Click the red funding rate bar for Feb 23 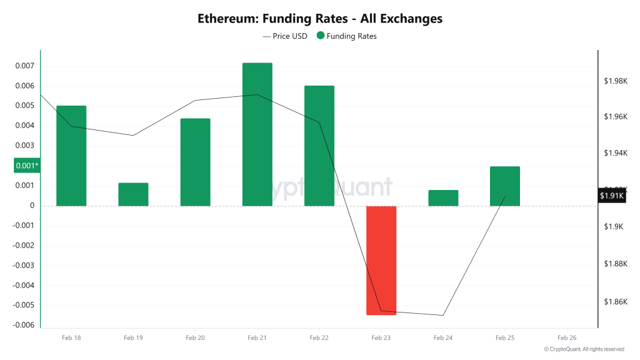pos(381,260)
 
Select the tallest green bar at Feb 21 pos(257,134)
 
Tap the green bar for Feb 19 pos(133,194)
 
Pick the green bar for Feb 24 pos(443,198)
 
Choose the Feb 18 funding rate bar pos(71,156)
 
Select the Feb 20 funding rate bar pos(195,162)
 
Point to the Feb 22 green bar pos(319,146)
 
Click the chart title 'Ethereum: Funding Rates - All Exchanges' pos(320,19)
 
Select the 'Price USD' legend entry pos(285,36)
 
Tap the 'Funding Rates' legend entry pos(347,36)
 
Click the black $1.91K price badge pos(612,196)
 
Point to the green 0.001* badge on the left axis pos(27,166)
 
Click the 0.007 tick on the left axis pos(25,66)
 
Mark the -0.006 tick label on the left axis pos(24,325)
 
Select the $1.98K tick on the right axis pos(615,81)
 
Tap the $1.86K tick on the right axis pos(615,302)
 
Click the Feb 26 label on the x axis pos(566,337)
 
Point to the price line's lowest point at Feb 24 pos(443,315)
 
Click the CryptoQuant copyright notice pos(584,349)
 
